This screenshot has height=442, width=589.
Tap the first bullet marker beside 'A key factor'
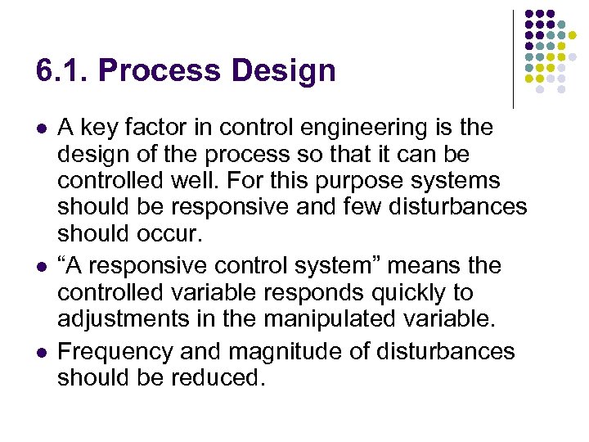click(42, 129)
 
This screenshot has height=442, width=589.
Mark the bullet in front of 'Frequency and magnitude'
click(42, 353)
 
